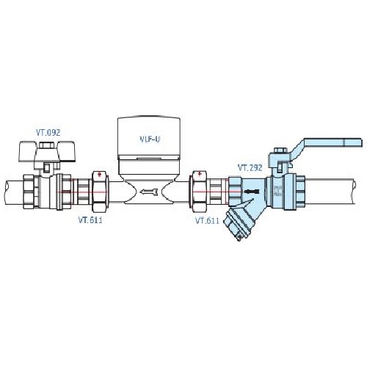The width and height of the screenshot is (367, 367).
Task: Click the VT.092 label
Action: point(48,133)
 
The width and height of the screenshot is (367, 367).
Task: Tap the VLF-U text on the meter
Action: point(150,139)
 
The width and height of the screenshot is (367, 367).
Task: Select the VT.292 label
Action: point(250,167)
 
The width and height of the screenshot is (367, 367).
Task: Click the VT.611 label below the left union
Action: point(90,220)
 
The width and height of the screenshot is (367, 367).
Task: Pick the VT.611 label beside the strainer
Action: point(207,221)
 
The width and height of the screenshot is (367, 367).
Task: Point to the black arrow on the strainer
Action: point(251,192)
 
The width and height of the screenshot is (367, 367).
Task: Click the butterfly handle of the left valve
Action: point(47,152)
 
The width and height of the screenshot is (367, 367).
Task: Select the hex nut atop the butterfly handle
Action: point(47,145)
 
